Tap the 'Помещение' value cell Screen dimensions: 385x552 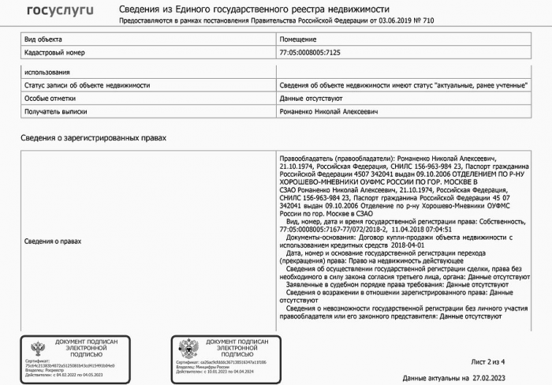(x=298, y=39)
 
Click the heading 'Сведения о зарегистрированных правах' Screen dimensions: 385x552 (x=94, y=138)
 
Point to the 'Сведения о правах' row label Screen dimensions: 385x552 (x=54, y=241)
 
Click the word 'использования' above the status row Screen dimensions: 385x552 (x=48, y=73)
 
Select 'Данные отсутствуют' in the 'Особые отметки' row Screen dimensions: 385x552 (x=311, y=99)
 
